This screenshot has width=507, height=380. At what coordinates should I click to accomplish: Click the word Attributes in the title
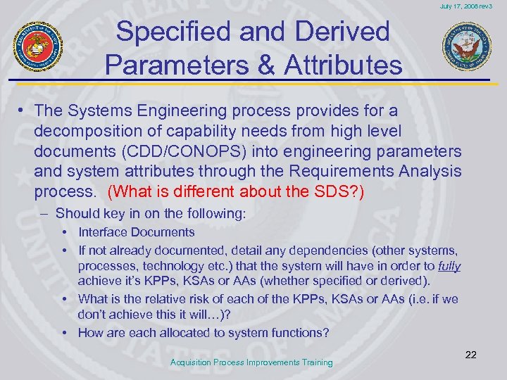coord(343,65)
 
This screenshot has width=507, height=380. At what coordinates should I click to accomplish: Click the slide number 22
coord(470,355)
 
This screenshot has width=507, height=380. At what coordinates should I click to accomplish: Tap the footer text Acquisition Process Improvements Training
coord(252,362)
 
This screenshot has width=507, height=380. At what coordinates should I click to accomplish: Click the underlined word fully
coord(449,266)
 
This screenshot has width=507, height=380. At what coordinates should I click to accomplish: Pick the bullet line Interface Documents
coord(137,232)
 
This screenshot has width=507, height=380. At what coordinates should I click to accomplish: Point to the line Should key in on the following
coord(151,213)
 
